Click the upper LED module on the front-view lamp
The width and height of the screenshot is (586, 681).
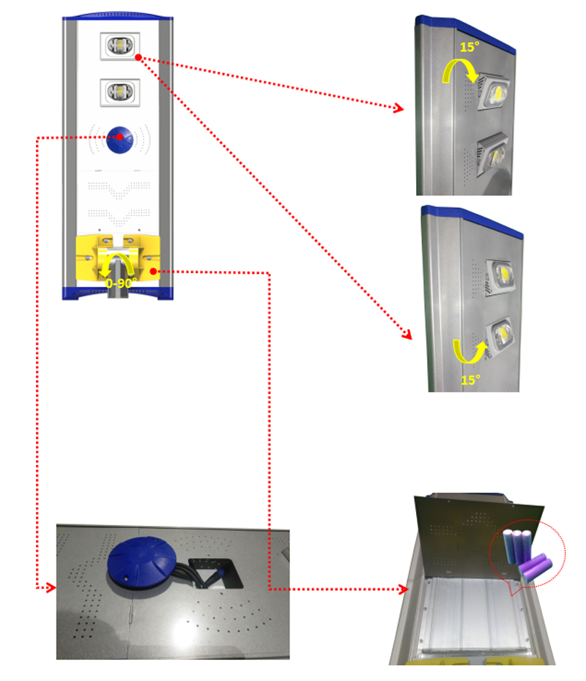tap(120, 45)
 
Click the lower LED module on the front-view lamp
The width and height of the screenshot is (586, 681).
tap(120, 92)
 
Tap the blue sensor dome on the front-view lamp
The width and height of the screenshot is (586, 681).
tap(120, 140)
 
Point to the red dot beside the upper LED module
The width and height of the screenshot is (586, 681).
tap(138, 57)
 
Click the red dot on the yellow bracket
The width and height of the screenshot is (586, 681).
tap(153, 272)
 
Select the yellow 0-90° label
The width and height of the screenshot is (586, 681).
tap(121, 283)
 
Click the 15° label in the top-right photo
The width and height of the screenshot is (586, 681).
tap(469, 46)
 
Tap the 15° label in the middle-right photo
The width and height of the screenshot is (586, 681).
tap(470, 380)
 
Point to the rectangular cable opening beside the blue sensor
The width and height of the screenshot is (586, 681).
tap(216, 573)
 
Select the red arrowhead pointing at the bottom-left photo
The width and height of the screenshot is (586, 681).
tap(51, 588)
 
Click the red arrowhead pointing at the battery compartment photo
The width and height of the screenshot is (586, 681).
tap(403, 589)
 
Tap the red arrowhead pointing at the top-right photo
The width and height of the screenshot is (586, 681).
tap(398, 108)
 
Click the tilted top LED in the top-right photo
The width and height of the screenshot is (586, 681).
tap(495, 92)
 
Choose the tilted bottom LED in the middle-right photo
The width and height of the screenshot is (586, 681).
tap(501, 335)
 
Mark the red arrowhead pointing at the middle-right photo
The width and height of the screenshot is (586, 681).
tap(407, 335)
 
